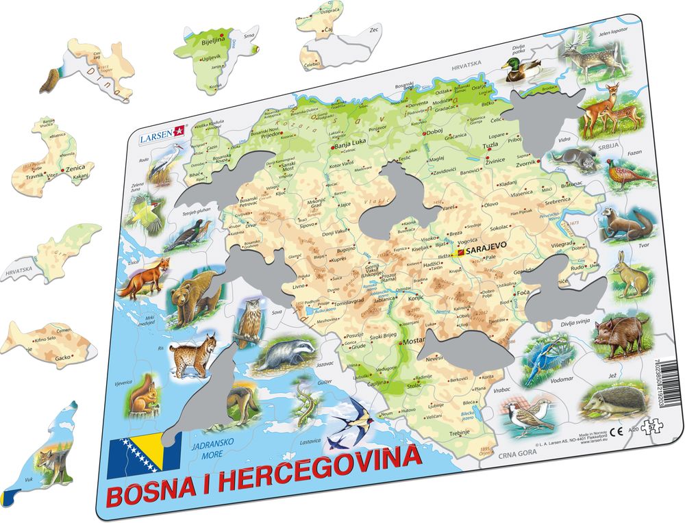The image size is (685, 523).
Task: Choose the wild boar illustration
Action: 621,332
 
